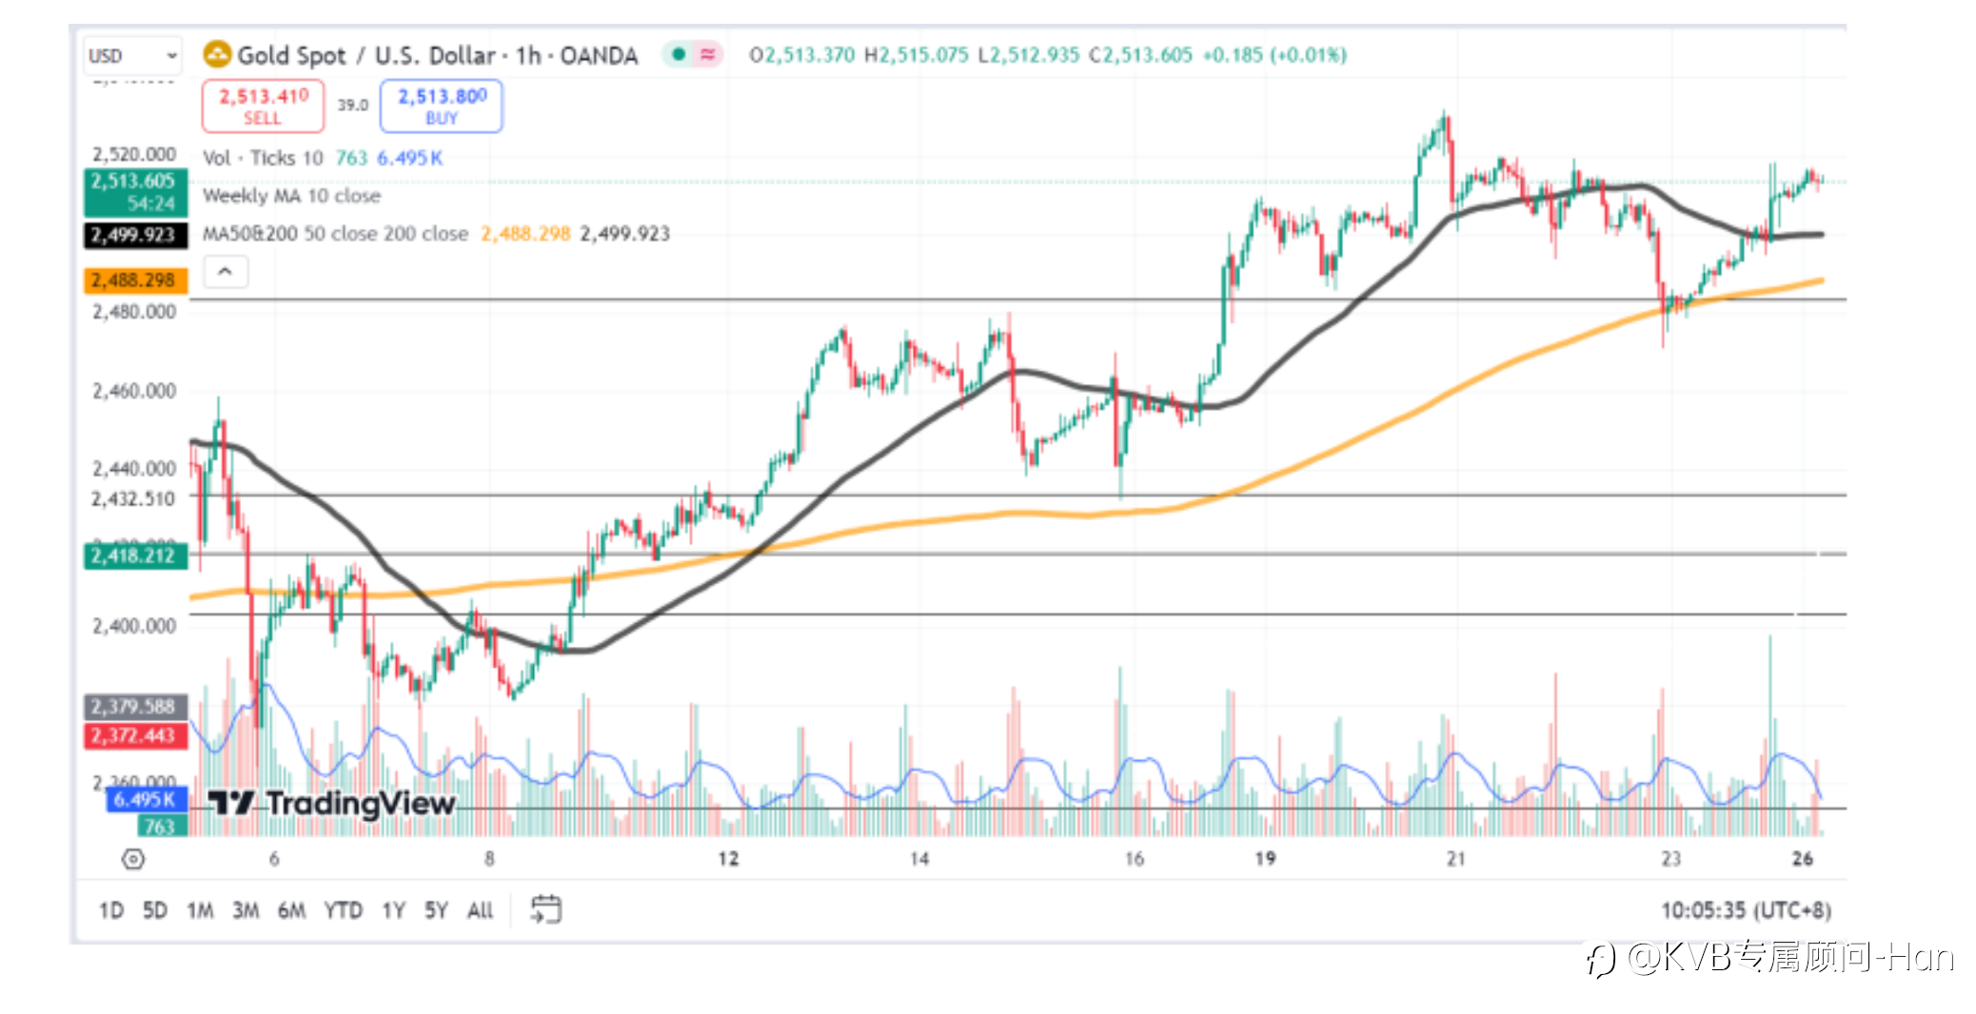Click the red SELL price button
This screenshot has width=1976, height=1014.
tap(263, 106)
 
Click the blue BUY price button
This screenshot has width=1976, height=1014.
tap(442, 106)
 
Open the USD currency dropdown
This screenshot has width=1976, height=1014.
tap(132, 55)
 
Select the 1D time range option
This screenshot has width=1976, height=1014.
tap(110, 910)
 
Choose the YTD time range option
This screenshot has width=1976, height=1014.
tap(343, 910)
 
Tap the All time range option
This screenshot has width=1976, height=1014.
tap(480, 910)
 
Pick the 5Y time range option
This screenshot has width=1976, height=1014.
tap(435, 910)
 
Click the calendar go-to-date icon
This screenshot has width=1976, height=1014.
tap(545, 909)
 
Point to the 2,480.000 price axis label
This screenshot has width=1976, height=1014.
tap(134, 312)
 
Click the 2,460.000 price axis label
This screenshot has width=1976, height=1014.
tap(134, 391)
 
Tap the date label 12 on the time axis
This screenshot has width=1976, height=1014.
tap(728, 859)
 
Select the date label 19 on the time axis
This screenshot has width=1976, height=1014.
tap(1265, 859)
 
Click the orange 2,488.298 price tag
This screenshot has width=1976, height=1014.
tap(134, 281)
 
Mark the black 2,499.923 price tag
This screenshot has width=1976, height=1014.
tap(134, 235)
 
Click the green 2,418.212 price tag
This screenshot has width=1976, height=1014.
tap(134, 556)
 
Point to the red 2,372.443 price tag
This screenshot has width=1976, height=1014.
tap(134, 735)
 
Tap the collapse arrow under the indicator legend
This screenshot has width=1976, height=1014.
tap(226, 272)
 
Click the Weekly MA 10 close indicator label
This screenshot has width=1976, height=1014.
tap(291, 196)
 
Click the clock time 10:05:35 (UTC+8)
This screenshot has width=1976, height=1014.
tap(1745, 910)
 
